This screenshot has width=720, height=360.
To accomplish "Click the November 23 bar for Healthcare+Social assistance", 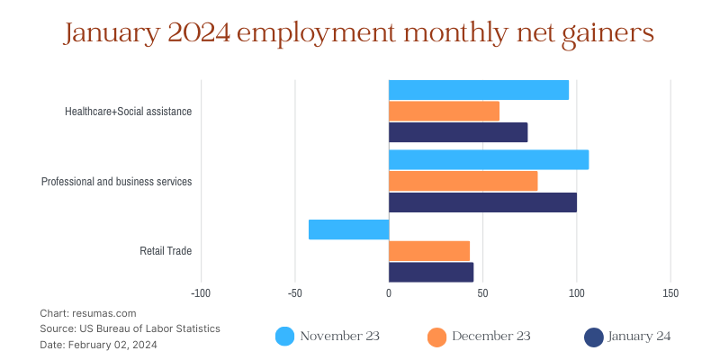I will (478, 90).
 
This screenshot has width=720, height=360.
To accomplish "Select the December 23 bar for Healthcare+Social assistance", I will (444, 112).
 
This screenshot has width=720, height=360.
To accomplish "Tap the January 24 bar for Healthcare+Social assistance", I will (458, 132).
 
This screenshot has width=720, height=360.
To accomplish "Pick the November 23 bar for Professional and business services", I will (489, 160).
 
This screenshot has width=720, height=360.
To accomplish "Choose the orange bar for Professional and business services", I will (463, 181).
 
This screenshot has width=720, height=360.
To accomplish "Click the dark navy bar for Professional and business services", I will (482, 202).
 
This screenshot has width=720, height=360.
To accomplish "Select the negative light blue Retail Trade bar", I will (348, 229).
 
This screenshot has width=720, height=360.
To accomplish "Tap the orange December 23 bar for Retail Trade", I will (429, 250).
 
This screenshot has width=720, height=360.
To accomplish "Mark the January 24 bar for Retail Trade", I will (431, 272).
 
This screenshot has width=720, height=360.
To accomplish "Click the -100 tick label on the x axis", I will (201, 293).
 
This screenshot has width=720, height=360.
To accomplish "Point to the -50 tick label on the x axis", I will (294, 293).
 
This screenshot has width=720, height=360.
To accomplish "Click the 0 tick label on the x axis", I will (389, 293).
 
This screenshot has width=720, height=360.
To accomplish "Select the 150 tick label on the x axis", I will (670, 293).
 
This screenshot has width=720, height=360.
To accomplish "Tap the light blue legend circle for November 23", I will (284, 337).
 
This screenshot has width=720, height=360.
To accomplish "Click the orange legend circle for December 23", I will (436, 337).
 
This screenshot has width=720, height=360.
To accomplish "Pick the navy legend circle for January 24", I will (593, 337).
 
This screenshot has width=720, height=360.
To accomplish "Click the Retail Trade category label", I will (166, 251).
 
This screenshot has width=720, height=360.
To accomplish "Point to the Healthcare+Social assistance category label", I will (128, 112).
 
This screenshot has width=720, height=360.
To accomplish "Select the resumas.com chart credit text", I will (88, 313).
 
